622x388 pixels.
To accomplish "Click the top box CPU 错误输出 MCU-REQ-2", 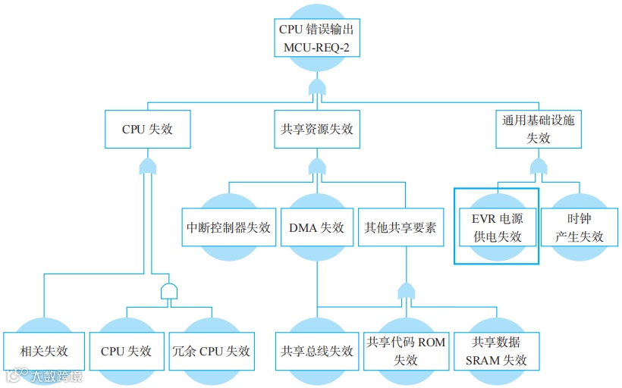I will [x=316, y=39].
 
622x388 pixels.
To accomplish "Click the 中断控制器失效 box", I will [x=228, y=227].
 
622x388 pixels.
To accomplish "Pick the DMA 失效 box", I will [x=316, y=227].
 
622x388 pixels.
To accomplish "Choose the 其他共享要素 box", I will [x=401, y=227].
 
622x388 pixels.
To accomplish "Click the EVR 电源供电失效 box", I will [x=498, y=227].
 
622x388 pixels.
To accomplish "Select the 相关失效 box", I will [x=44, y=351].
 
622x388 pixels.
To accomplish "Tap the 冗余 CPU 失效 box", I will [x=211, y=351].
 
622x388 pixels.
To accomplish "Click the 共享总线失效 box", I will [x=316, y=351].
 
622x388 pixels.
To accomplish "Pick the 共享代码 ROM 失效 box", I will [x=406, y=351].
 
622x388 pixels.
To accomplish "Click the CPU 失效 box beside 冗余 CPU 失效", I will [x=126, y=351].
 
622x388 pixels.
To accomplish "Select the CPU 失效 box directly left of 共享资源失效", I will [x=147, y=129].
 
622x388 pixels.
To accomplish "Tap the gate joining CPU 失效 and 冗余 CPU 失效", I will [x=168, y=292].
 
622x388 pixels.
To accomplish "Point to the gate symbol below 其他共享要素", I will [x=407, y=292].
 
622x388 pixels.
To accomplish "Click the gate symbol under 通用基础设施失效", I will [x=538, y=166].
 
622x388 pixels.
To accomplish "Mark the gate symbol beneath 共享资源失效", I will [x=316, y=166].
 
